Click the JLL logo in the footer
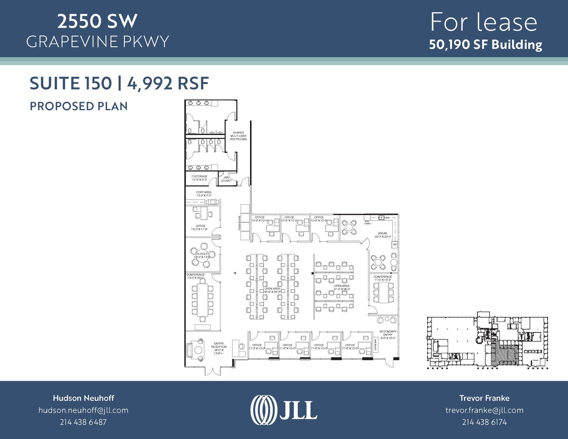point(284,410)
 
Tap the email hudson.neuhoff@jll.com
point(83,410)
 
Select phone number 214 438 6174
point(484,422)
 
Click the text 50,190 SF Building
point(485,45)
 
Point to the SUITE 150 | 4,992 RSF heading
point(119,83)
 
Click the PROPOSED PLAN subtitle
point(78,106)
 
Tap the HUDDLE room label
point(202,254)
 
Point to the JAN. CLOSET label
point(226,179)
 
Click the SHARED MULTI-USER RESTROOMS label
point(238,136)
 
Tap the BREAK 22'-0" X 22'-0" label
point(382,235)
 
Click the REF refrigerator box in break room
point(395,245)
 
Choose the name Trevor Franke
point(484,398)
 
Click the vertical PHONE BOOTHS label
point(239,223)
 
